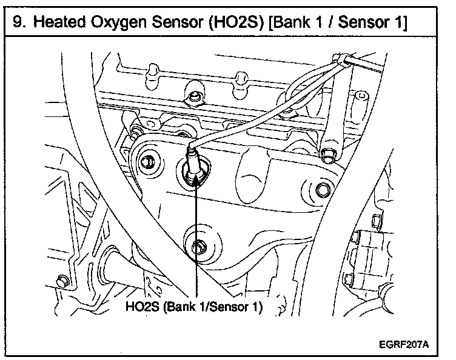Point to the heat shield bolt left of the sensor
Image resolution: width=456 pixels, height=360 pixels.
147,162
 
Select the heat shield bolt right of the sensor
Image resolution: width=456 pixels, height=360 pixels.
323,192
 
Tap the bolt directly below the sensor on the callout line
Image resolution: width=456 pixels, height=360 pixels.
196,245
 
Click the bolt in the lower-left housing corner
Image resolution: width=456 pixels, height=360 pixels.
61,280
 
